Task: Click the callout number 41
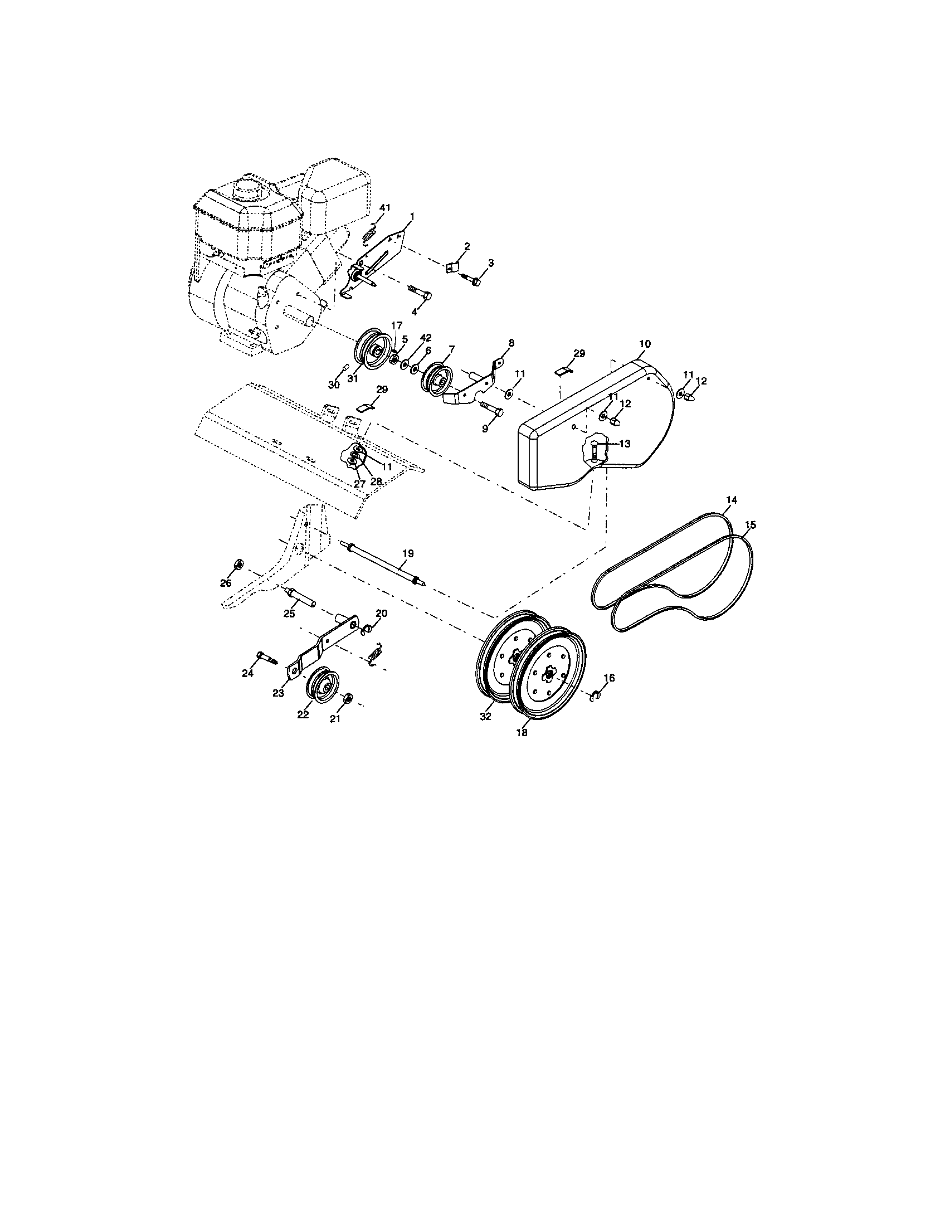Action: point(384,208)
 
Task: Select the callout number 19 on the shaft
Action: point(408,553)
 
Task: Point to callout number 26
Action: point(225,583)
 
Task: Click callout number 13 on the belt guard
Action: point(624,444)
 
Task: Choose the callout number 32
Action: point(485,717)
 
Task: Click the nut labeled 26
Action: point(237,563)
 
